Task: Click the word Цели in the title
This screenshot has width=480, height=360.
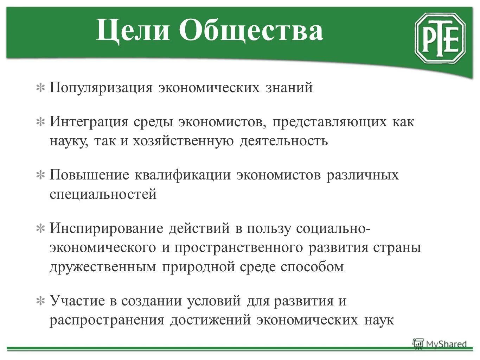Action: coord(132,31)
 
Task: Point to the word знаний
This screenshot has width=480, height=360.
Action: coord(289,87)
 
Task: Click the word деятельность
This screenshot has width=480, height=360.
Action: coord(284,141)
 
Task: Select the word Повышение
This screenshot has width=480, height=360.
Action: coord(89,175)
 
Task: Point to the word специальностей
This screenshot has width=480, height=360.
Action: coord(103,194)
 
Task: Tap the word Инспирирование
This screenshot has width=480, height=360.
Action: coord(106,229)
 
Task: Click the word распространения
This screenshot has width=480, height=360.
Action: coord(107,320)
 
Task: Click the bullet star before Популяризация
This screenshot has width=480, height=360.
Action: coord(41,88)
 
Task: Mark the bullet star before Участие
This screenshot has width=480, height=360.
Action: coord(41,301)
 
